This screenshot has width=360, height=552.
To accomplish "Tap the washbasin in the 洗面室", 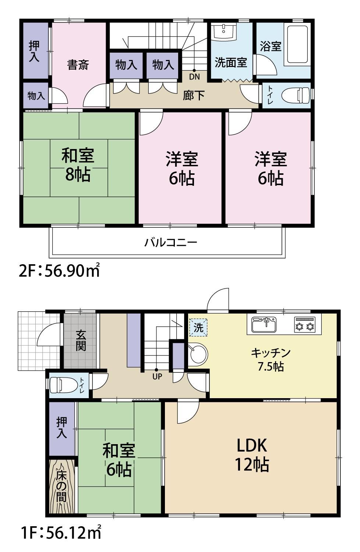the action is click(x=224, y=31).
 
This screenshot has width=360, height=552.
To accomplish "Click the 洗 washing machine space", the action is click(x=198, y=328).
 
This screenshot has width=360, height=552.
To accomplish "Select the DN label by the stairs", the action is click(x=194, y=77).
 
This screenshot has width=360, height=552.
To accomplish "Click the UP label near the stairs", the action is click(x=157, y=376).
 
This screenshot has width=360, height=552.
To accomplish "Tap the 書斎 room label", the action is click(x=78, y=65).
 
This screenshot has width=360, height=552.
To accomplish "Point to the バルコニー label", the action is click(x=171, y=242).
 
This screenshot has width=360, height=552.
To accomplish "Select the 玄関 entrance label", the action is click(x=81, y=341).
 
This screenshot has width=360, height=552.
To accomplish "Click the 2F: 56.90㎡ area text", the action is click(x=59, y=271).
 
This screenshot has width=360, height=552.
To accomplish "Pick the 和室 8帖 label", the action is click(x=78, y=164).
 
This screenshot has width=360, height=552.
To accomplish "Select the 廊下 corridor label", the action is click(x=194, y=95).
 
